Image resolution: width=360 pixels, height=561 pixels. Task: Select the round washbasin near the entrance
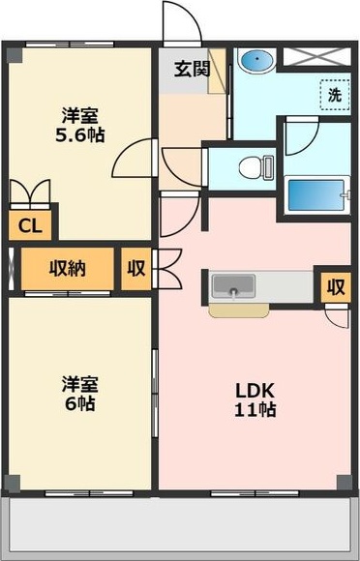pos(255,60)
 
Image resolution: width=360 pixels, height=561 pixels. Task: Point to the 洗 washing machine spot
pos(334,96)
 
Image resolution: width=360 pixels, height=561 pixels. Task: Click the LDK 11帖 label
pos(256,399)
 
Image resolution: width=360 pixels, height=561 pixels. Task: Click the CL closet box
pos(27,226)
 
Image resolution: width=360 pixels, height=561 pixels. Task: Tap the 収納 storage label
pos(68,268)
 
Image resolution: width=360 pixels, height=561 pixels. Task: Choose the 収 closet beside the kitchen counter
pos(335,286)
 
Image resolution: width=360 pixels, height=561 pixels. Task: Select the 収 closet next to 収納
pos(135,268)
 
